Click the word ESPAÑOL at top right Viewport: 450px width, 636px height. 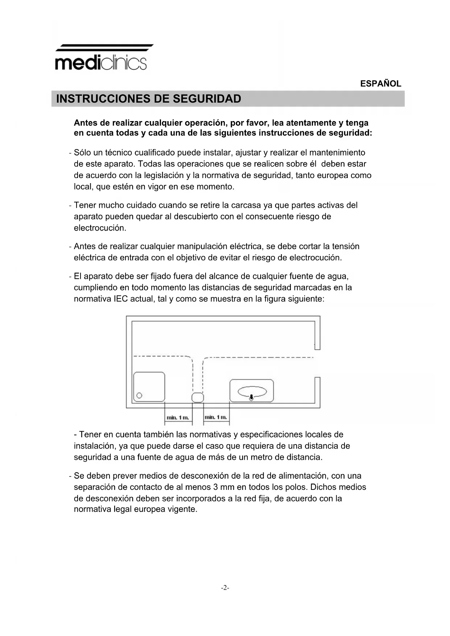click(380, 84)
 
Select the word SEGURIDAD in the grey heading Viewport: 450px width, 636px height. click(207, 99)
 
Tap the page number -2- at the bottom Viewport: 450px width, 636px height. click(225, 588)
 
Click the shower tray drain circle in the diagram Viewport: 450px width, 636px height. click(139, 395)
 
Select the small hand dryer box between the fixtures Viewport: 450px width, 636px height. click(197, 397)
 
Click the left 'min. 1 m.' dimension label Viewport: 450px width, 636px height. click(178, 418)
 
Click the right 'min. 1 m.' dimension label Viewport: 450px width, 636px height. click(216, 417)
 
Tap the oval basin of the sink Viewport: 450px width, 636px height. click(252, 391)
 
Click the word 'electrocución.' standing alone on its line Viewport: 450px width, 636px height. click(100, 228)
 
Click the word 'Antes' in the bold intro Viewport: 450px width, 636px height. click(86, 123)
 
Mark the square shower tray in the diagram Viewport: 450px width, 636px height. click(149, 387)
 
